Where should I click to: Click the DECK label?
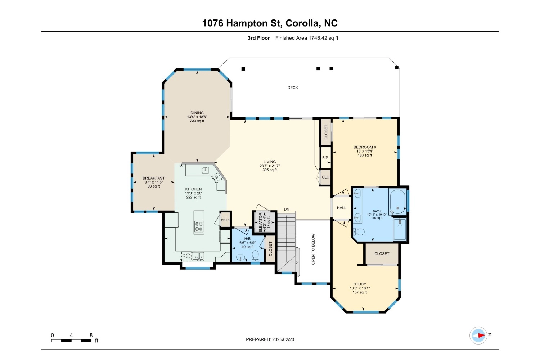(293, 87)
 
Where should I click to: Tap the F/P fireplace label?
(325, 158)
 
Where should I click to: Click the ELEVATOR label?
(260, 222)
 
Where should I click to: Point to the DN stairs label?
(287, 209)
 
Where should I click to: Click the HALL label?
(341, 208)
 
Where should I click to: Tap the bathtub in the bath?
(397, 202)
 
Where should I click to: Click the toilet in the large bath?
(359, 232)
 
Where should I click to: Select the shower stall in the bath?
(400, 229)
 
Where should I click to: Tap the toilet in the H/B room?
(255, 256)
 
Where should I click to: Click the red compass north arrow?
(481, 336)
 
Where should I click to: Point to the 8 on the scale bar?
(91, 335)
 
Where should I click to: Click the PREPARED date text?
(270, 339)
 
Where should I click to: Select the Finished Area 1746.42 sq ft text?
(307, 38)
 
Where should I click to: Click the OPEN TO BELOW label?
(313, 249)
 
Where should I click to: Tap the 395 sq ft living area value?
(270, 170)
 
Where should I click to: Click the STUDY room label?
(360, 284)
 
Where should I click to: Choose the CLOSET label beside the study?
(382, 253)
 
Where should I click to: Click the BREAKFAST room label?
(154, 178)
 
